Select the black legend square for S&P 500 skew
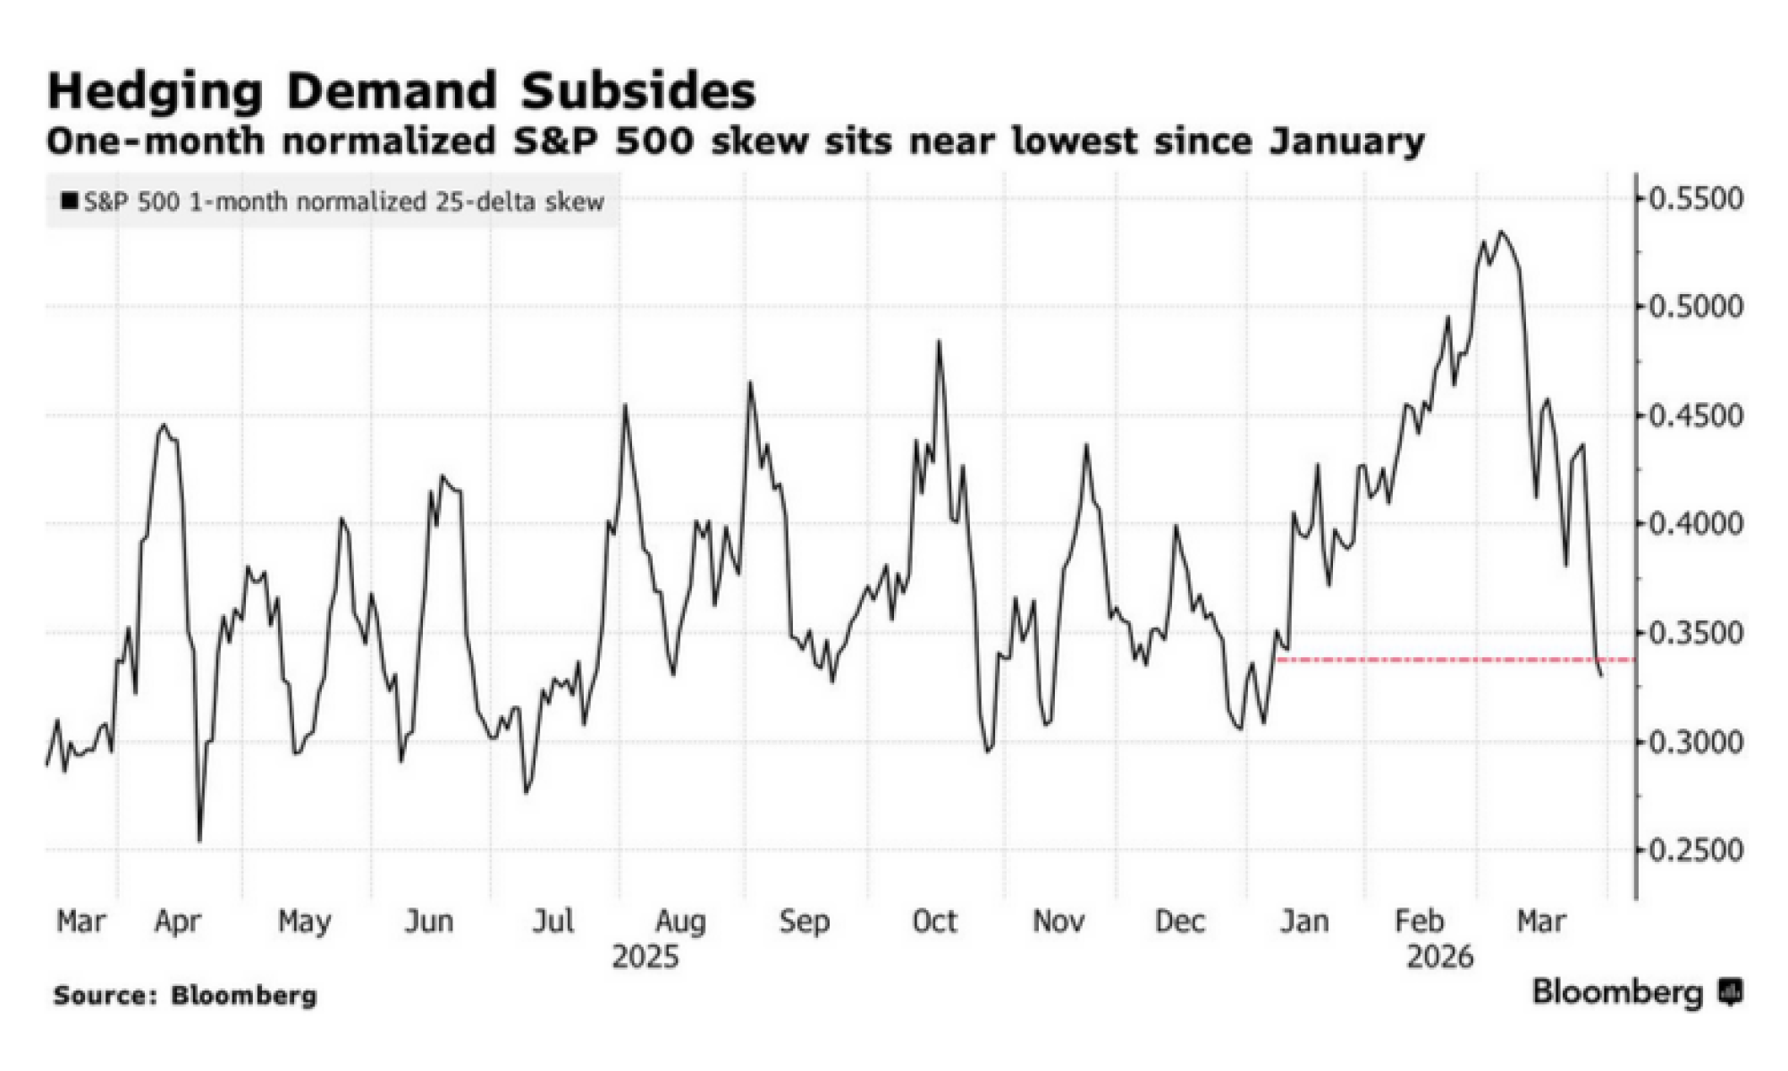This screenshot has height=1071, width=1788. (x=69, y=200)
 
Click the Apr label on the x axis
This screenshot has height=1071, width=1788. (x=177, y=921)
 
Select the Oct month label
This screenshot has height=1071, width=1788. (x=934, y=921)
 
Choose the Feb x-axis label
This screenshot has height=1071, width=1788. (x=1420, y=921)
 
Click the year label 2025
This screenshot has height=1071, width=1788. (x=645, y=957)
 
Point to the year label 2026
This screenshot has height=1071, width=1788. (x=1439, y=957)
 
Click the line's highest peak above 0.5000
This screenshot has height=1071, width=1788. (x=1502, y=232)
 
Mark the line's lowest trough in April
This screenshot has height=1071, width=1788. (x=199, y=840)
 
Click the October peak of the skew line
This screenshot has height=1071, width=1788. (x=939, y=342)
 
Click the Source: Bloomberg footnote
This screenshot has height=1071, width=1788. (x=185, y=995)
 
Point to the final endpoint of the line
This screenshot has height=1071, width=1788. (x=1601, y=676)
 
